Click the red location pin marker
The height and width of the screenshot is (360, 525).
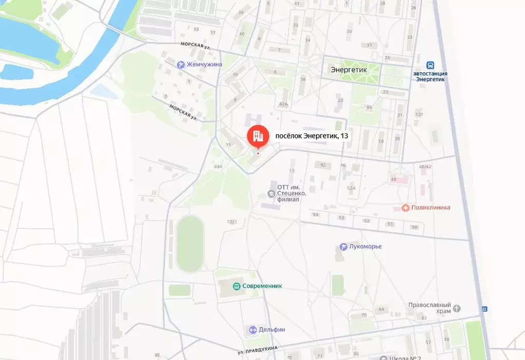(x=258, y=136)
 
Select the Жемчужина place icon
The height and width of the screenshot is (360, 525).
(x=180, y=65)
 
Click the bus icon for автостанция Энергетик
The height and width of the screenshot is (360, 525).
(x=430, y=65)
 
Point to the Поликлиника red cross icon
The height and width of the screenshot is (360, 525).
(x=405, y=208)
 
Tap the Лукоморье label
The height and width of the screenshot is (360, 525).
(x=365, y=247)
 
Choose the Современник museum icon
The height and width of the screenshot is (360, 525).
(x=237, y=286)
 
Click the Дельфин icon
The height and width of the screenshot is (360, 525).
(x=252, y=330)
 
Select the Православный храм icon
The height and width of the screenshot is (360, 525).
(x=457, y=308)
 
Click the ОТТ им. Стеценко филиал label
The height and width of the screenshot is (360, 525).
(x=291, y=193)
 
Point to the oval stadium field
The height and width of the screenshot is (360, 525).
(x=190, y=244)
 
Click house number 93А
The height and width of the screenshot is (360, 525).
(x=218, y=167)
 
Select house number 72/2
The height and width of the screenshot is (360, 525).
(x=232, y=222)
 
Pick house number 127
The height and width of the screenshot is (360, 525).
(x=419, y=114)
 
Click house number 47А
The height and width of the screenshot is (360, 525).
(x=283, y=104)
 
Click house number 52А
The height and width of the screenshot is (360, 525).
(x=351, y=188)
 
